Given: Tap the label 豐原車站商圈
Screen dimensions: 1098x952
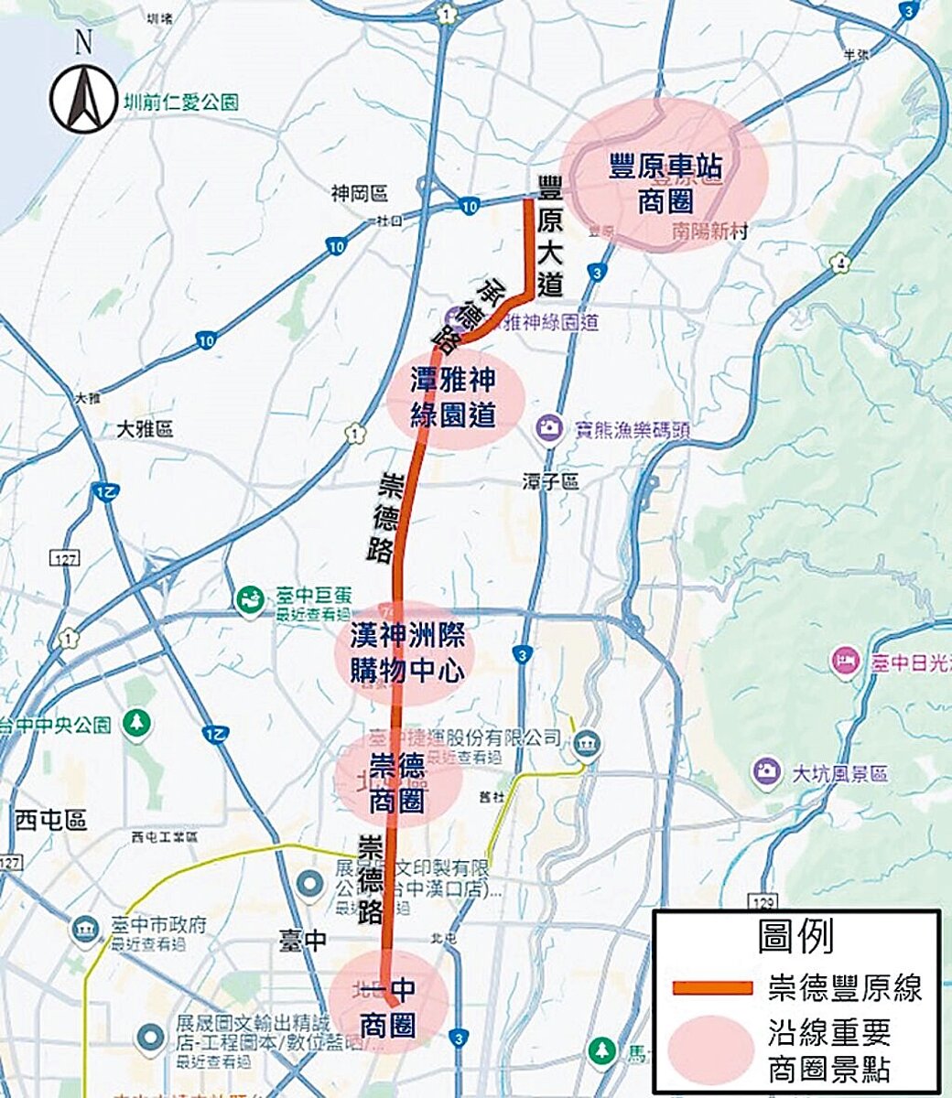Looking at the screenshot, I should click(x=665, y=184).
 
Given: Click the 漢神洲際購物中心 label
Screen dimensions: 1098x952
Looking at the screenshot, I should click(x=406, y=652).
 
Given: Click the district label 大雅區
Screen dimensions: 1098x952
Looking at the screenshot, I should click(x=145, y=429).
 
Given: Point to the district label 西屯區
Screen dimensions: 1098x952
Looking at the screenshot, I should click(x=50, y=820).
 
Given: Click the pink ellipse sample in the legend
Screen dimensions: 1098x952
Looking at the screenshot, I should click(x=711, y=1049).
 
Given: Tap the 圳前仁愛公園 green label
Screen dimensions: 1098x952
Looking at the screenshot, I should click(x=180, y=102).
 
